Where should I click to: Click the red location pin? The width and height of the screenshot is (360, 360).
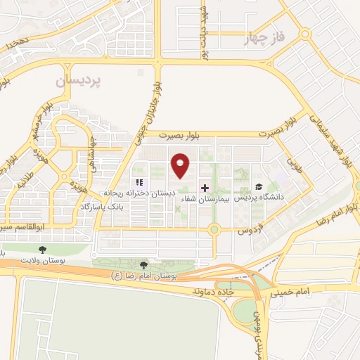pos(181,166)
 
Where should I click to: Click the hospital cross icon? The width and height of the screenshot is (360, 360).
pos(205,188)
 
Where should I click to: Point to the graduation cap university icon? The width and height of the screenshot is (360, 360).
pos(259,187)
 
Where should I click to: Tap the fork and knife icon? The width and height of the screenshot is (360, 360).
pos(129,183)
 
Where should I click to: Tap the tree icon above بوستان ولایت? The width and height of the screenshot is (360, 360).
pos(42,249)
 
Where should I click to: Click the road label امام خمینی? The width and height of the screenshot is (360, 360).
pos(293,290)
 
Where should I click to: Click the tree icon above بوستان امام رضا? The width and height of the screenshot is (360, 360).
pos(144,265)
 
